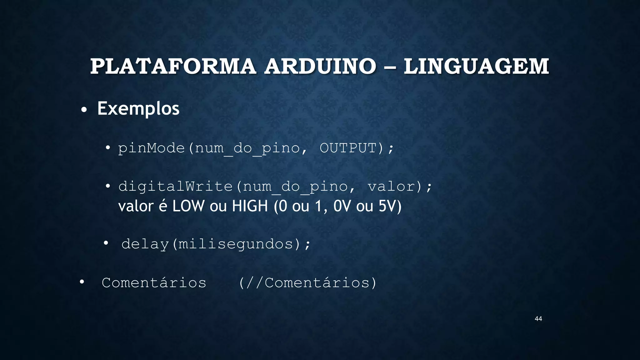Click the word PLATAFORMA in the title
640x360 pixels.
173,67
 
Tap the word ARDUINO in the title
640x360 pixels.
320,67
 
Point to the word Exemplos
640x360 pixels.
138,109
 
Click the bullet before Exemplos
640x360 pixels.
83,110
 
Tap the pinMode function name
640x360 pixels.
151,148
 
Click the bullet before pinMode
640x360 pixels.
108,147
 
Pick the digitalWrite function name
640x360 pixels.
175,187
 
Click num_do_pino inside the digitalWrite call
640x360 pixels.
295,187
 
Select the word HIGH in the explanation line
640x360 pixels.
250,206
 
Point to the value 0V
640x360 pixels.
342,206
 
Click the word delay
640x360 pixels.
145,244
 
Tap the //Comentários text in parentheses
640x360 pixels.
307,283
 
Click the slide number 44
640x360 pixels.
538,319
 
